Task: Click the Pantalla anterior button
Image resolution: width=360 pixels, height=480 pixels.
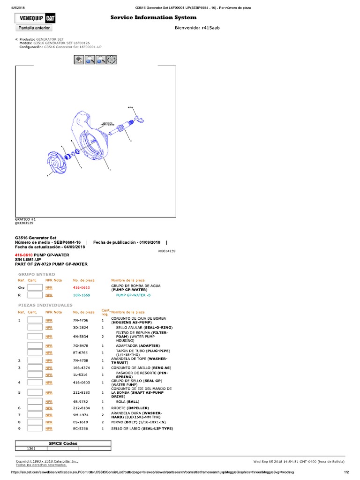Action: [x=35, y=28]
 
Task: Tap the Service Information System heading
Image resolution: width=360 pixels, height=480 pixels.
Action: [x=153, y=17]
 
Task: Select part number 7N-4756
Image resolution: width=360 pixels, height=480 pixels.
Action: [x=80, y=320]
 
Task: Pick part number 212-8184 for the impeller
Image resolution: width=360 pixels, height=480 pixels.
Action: [x=81, y=408]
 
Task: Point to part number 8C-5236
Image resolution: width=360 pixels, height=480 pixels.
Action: [x=80, y=428]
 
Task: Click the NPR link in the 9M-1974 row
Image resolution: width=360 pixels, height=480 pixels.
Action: [x=49, y=415]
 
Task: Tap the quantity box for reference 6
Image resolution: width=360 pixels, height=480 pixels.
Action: [x=35, y=408]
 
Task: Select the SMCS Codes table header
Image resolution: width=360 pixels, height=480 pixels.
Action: [x=63, y=443]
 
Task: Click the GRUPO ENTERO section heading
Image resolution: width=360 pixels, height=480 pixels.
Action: [x=37, y=274]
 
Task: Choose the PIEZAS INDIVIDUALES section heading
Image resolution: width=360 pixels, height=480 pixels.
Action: [x=45, y=305]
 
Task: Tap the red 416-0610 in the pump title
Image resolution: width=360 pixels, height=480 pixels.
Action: [x=23, y=255]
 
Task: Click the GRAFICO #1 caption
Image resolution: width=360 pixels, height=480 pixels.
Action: [x=26, y=219]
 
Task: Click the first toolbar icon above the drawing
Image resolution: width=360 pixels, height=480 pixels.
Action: [x=79, y=60]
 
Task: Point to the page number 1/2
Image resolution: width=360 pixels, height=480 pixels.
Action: [x=347, y=472]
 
